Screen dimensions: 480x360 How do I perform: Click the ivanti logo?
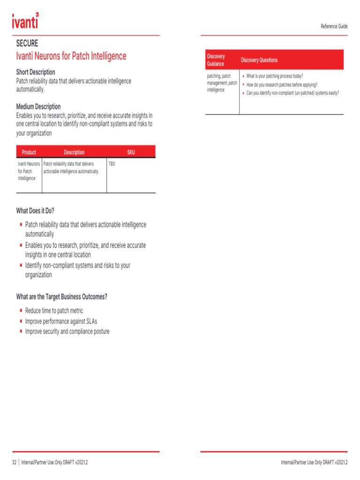coord(25,21)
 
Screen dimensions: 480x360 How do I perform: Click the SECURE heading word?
coord(27,44)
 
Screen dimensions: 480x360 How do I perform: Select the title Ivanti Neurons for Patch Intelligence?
coord(71,56)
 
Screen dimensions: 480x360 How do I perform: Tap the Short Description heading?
coord(36,72)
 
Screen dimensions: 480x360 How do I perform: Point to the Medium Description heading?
coord(38,106)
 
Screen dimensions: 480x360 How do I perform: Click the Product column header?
coord(29,152)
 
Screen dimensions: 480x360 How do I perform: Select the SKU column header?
coord(131,152)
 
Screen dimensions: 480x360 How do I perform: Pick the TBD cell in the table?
coord(112,164)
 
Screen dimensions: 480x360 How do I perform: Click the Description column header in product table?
coord(74,152)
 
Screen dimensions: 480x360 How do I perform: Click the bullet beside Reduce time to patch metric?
coord(21,310)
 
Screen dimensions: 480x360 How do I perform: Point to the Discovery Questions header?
coord(259,60)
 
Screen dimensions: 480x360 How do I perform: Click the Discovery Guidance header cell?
coord(216,60)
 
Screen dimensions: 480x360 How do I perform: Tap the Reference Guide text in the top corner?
coord(334,26)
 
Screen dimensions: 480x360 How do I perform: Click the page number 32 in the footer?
coord(14,462)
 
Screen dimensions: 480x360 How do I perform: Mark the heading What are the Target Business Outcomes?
coord(62,297)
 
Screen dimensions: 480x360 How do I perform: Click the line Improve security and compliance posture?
coord(67,331)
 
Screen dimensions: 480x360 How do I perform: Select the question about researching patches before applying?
coord(282,84)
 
